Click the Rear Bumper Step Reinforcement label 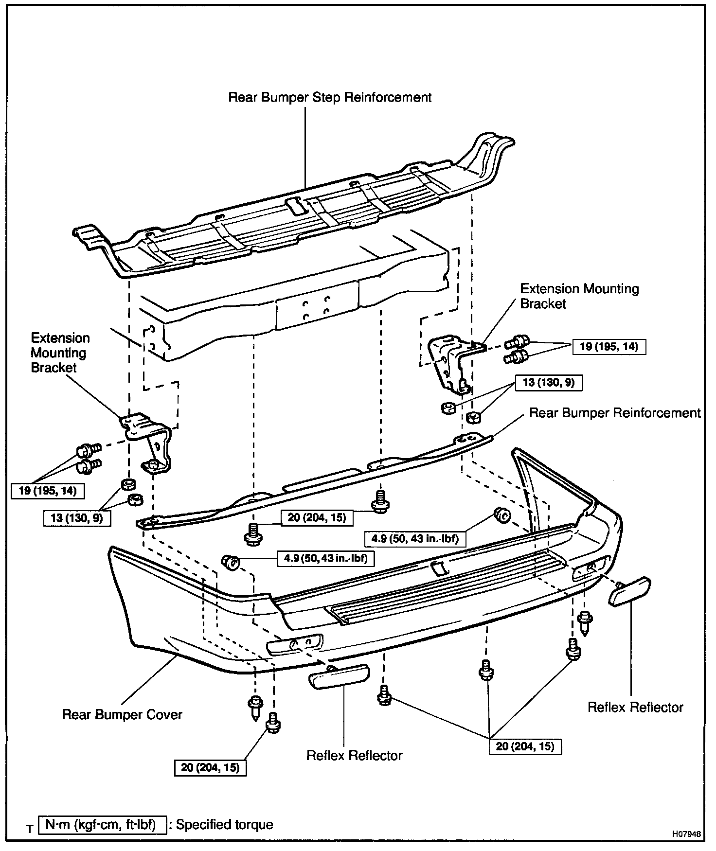[330, 97]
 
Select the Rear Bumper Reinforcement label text [614, 413]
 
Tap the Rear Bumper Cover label [122, 715]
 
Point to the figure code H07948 [687, 833]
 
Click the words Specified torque [224, 825]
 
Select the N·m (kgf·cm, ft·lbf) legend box [101, 825]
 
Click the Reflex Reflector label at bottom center [354, 755]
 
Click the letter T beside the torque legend [30, 829]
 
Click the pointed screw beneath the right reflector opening [584, 623]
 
